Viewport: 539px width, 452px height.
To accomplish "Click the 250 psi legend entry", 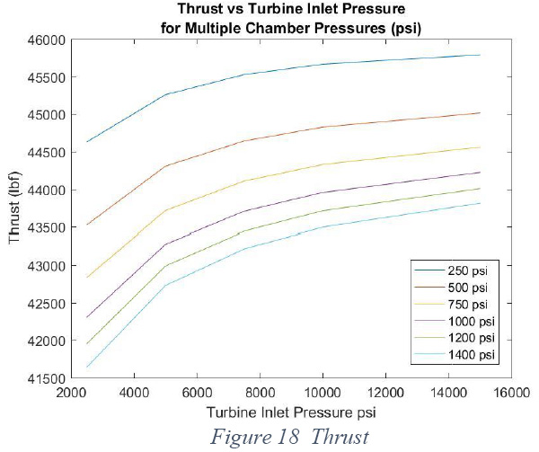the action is (x=451, y=270).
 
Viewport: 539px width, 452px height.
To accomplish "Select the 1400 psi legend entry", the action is (x=455, y=354).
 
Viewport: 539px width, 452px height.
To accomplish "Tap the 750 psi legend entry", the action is (x=451, y=305).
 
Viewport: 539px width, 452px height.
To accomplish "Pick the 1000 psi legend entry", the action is (x=455, y=321).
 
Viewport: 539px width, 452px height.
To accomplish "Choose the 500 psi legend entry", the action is (x=451, y=288).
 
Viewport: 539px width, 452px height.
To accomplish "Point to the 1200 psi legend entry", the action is (x=455, y=338).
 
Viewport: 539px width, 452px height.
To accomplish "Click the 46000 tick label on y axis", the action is (x=46, y=40).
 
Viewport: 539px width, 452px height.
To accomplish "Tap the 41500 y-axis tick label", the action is (x=46, y=378).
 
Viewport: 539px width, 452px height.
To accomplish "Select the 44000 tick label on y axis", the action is (x=46, y=191).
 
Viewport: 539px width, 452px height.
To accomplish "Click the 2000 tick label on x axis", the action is (x=71, y=393).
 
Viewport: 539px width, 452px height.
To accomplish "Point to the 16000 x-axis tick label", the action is (x=510, y=393).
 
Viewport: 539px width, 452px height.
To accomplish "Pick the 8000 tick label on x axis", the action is (x=260, y=393).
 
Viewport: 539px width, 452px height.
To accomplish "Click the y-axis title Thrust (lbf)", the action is (x=14, y=208).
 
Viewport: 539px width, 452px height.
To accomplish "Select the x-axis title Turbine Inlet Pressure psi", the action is (x=291, y=412).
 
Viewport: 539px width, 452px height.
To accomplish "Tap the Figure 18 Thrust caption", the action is (x=290, y=437).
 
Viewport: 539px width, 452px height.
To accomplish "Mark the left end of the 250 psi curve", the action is (x=87, y=142).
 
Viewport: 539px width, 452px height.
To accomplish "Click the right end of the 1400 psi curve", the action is (x=480, y=203).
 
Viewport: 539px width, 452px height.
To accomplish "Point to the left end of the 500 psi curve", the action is (x=87, y=225).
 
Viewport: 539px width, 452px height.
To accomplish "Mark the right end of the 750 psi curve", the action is (x=480, y=147).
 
